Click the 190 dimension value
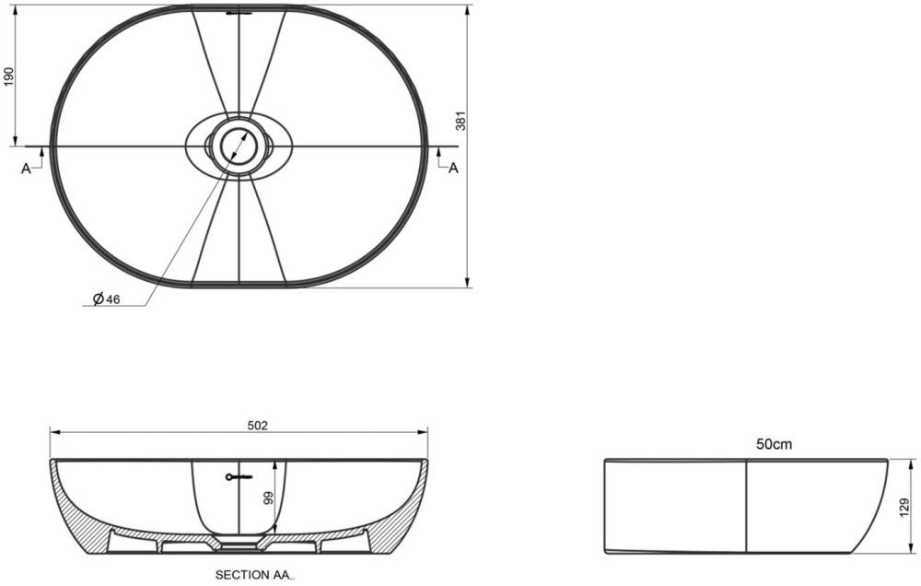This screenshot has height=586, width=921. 8,76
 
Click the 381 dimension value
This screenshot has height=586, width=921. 461,121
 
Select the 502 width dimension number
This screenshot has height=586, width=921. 257,425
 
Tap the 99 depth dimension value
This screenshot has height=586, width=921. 268,498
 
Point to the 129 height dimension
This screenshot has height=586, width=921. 905,506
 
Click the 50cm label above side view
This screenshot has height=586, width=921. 774,444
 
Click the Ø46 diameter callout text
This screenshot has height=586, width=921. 106,299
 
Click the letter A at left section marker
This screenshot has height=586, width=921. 26,169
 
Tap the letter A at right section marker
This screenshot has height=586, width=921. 453,168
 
